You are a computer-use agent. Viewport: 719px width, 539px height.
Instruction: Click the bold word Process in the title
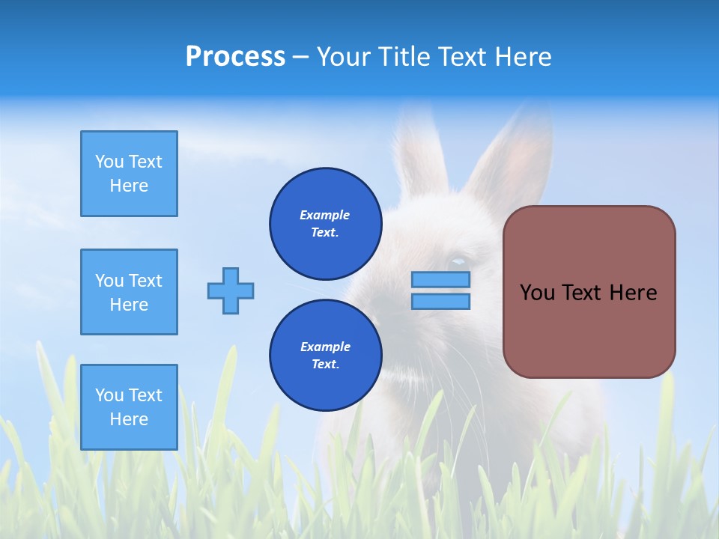(236, 57)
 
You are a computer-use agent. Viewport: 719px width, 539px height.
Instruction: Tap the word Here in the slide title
(524, 57)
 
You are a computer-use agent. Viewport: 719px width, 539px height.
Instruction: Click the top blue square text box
(130, 174)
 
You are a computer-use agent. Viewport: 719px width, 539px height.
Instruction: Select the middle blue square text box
(130, 292)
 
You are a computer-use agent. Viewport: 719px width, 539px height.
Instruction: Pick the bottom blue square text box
(130, 407)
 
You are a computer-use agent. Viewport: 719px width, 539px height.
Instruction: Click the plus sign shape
(231, 291)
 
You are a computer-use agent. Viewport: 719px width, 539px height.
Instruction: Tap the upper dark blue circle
(326, 224)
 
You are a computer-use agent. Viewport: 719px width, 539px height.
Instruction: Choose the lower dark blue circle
(326, 355)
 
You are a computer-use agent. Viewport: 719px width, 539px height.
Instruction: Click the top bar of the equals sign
(440, 279)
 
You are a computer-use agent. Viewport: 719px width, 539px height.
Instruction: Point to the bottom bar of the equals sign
(440, 302)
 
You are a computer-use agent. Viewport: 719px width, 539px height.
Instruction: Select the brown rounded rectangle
(589, 292)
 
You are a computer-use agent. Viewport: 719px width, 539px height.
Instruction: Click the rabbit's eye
(457, 264)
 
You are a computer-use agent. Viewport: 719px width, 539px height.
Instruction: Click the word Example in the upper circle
(324, 215)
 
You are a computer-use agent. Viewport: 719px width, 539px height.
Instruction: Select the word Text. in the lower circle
(326, 364)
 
